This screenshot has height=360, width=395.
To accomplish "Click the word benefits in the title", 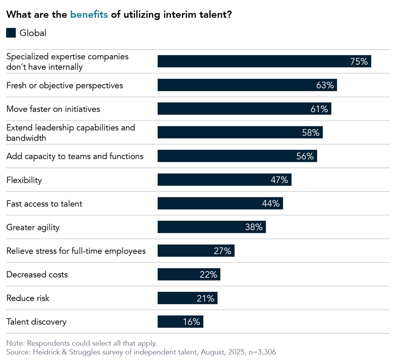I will tap(89, 15).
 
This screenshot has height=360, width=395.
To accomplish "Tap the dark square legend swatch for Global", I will tap(11, 33).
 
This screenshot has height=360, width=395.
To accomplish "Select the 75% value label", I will tap(359, 62).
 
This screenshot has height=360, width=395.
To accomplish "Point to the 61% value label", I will tap(319, 109).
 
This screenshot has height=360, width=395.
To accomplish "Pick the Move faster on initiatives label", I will tap(53, 109).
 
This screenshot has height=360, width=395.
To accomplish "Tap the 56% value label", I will tap(305, 156).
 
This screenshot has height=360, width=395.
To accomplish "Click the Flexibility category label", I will tap(24, 180).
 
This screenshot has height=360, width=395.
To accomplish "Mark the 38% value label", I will tap(254, 227).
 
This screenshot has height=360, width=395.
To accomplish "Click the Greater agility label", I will tap(33, 227).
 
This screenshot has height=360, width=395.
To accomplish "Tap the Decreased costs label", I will tap(37, 275).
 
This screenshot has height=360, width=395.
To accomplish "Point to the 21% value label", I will tap(205, 298).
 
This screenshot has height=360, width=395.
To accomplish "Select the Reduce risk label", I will tap(28, 298).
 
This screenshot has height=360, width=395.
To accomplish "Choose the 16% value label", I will tap(192, 322).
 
